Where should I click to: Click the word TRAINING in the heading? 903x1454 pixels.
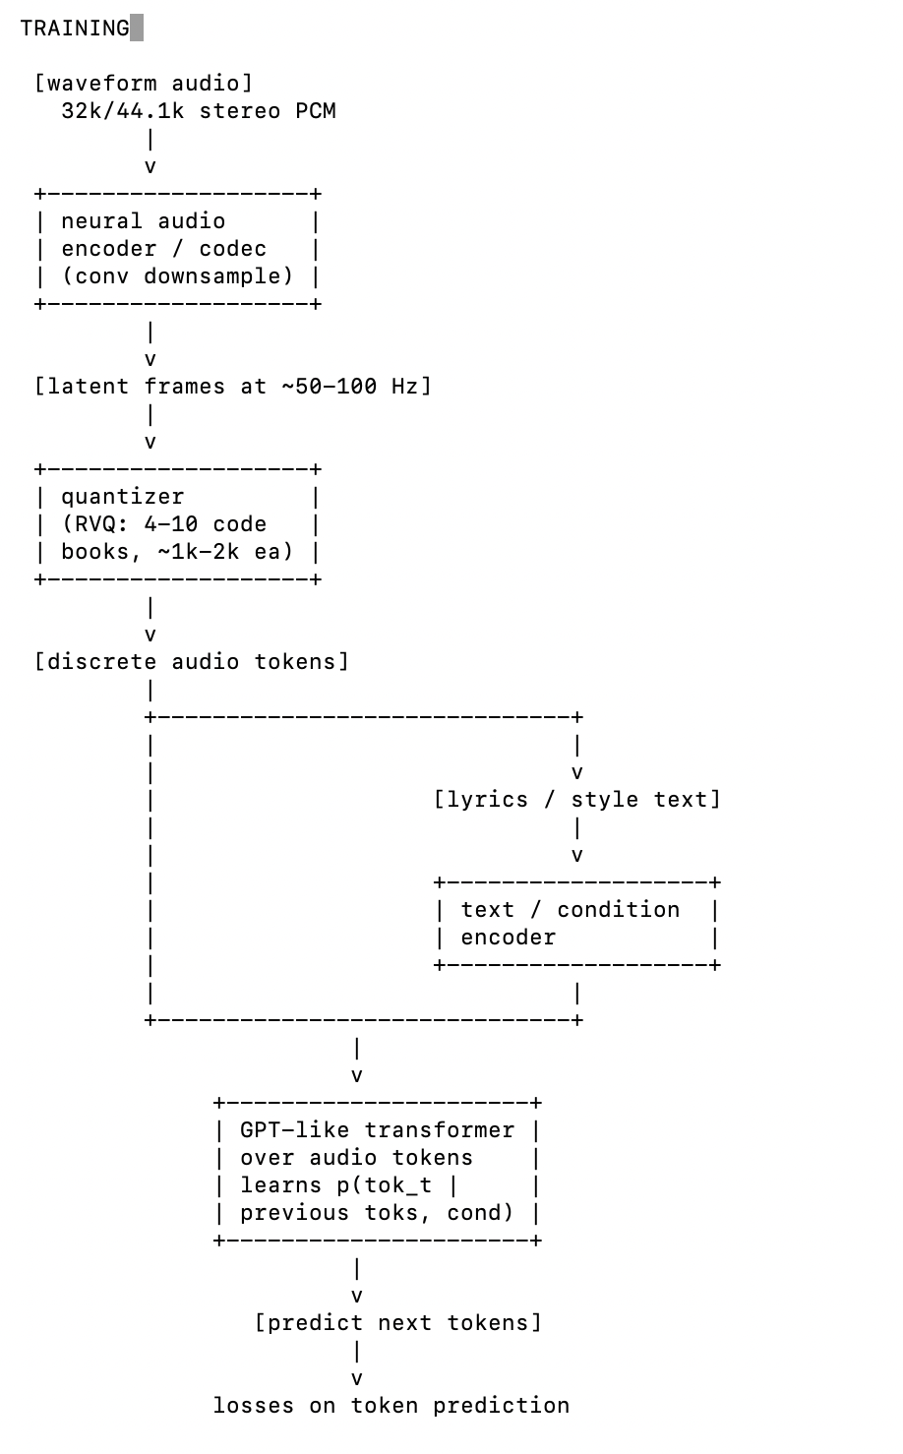[x=74, y=29]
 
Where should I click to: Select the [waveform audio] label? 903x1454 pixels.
[x=144, y=83]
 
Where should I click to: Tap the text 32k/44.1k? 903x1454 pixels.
[x=122, y=110]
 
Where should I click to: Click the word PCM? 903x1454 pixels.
[x=316, y=110]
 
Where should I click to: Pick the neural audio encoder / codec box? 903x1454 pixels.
[x=177, y=249]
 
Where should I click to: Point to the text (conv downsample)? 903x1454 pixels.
[x=177, y=275]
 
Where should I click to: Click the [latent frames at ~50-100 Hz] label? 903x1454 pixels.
[x=233, y=387]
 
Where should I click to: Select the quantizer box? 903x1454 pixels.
[x=177, y=524]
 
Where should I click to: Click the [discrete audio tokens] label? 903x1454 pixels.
[x=192, y=662]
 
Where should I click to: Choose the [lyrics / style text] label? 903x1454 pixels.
[x=577, y=800]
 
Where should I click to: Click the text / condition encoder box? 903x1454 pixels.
[x=576, y=924]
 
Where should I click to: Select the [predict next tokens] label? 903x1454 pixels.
[x=398, y=1323]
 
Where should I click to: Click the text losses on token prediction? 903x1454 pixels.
[x=391, y=1406]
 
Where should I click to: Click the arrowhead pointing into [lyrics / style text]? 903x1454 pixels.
[x=577, y=773]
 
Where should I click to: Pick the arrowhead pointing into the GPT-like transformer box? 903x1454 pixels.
[x=357, y=1076]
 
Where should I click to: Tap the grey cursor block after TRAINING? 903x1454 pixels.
[x=137, y=29]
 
